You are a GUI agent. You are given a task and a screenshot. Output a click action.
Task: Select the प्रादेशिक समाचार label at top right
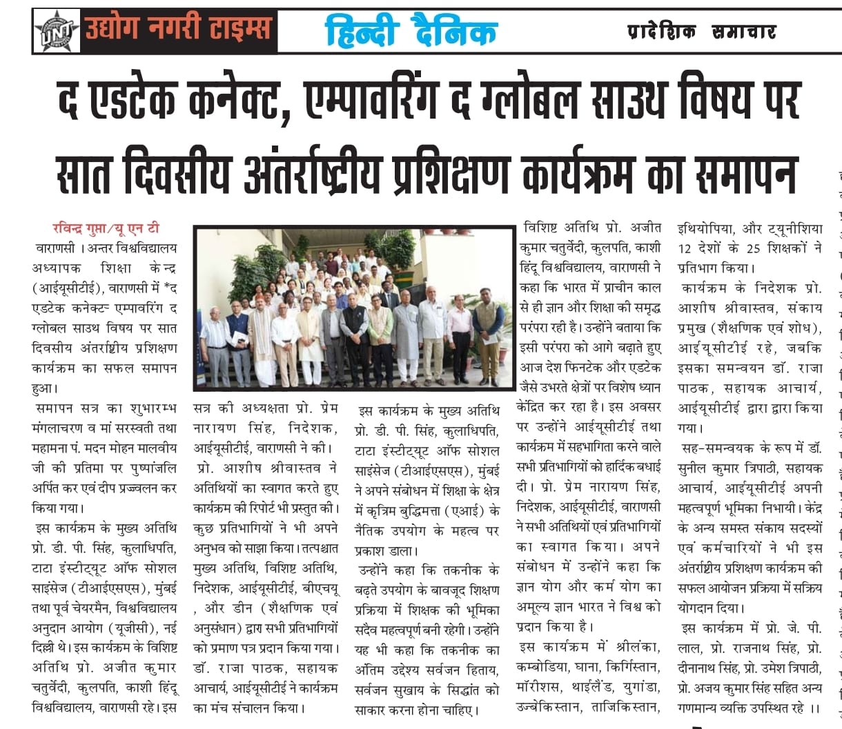pos(701,31)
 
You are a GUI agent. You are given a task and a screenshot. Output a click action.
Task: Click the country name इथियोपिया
pos(708,228)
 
